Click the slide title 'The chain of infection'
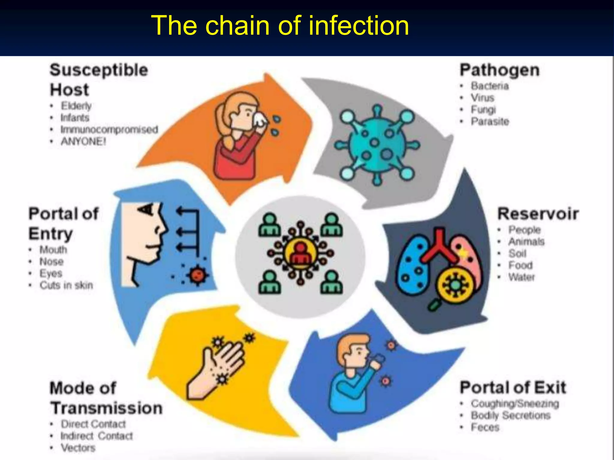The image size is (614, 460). point(280,25)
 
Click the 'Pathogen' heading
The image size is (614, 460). point(500,70)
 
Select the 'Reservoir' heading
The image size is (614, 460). point(538,214)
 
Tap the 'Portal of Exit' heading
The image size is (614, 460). point(513,388)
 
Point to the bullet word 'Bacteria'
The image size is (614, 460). point(490,86)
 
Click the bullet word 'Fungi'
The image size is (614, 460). point(483,110)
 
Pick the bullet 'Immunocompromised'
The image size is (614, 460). point(109,129)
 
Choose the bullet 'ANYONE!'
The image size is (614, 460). point(83,141)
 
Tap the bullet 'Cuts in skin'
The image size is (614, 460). point(66,285)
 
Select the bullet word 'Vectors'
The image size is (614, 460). point(78,448)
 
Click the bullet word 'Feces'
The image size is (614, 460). point(485,427)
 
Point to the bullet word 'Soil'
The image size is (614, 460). point(517,253)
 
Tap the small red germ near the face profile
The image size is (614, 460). point(197,275)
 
